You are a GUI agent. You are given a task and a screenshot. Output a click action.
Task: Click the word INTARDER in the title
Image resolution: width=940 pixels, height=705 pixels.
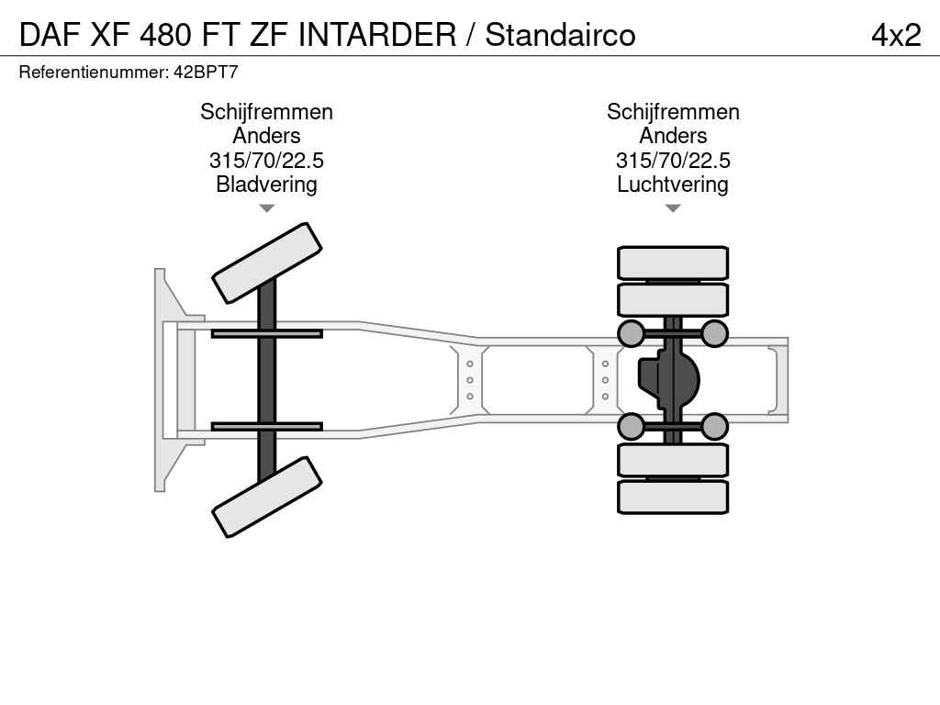point(377,34)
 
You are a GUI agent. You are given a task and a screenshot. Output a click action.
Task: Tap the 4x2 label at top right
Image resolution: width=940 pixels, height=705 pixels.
point(896,35)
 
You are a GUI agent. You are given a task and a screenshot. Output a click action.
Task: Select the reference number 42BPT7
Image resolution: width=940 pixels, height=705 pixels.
point(206,72)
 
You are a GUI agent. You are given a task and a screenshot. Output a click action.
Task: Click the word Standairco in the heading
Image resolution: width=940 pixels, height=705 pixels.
point(560,34)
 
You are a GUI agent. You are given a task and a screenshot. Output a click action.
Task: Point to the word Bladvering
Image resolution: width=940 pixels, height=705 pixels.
point(266,184)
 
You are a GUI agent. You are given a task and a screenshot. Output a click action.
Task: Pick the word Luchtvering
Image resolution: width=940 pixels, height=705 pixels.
point(673,184)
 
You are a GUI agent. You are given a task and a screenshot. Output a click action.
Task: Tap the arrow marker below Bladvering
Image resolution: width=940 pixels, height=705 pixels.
point(267,208)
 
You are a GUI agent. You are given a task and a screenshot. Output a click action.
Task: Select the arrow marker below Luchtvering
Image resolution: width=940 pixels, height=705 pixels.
point(673,208)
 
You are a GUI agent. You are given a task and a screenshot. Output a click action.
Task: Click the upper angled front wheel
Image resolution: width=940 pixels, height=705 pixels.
point(267,263)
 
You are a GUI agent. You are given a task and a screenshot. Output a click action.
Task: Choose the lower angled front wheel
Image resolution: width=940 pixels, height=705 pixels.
point(267,497)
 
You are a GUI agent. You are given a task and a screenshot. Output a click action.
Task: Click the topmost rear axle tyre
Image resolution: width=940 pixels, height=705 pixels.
point(673,263)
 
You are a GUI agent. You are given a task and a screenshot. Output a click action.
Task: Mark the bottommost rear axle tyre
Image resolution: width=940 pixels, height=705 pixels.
point(673,497)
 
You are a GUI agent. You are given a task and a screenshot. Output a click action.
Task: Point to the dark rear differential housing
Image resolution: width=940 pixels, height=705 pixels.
point(668,379)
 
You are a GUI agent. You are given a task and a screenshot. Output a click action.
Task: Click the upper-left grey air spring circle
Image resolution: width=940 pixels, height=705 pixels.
point(631,333)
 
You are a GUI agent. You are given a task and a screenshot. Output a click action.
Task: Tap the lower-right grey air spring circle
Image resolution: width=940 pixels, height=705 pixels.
point(714,426)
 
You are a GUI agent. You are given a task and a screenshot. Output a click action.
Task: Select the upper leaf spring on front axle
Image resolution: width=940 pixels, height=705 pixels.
point(267,333)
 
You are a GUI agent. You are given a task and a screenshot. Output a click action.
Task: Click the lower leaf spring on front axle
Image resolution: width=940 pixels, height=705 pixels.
point(267,426)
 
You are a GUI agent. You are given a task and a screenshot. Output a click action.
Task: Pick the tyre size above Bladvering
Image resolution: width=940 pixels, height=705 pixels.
point(266,160)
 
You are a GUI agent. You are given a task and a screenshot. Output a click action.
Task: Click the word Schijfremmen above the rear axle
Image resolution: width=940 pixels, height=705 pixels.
point(673,112)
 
